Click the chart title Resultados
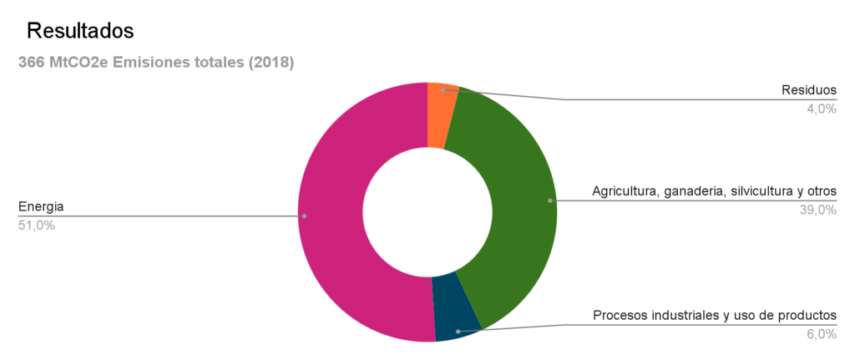81,31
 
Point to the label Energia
41,206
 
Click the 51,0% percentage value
37,225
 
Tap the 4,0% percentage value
821,109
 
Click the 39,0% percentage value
817,210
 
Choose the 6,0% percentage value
821,334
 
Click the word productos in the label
805,316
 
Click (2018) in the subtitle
271,63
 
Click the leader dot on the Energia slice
304,216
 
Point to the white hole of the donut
427,212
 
